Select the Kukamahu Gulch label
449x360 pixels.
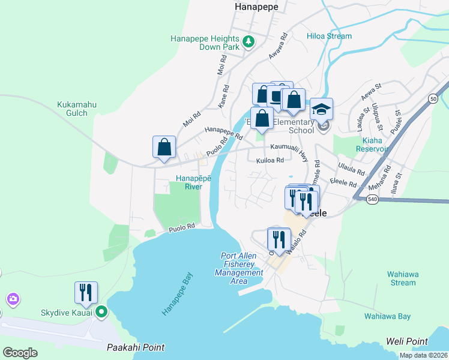77,109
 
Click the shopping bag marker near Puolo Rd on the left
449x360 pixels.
164,147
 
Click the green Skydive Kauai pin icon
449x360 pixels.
101,311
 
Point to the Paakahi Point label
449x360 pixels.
135,347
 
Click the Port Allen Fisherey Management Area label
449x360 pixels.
239,269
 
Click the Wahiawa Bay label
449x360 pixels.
387,316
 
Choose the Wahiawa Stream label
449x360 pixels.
402,278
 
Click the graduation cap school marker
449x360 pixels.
321,109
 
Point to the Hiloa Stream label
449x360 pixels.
329,36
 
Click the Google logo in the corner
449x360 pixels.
20,353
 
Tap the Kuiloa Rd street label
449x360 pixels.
269,161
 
